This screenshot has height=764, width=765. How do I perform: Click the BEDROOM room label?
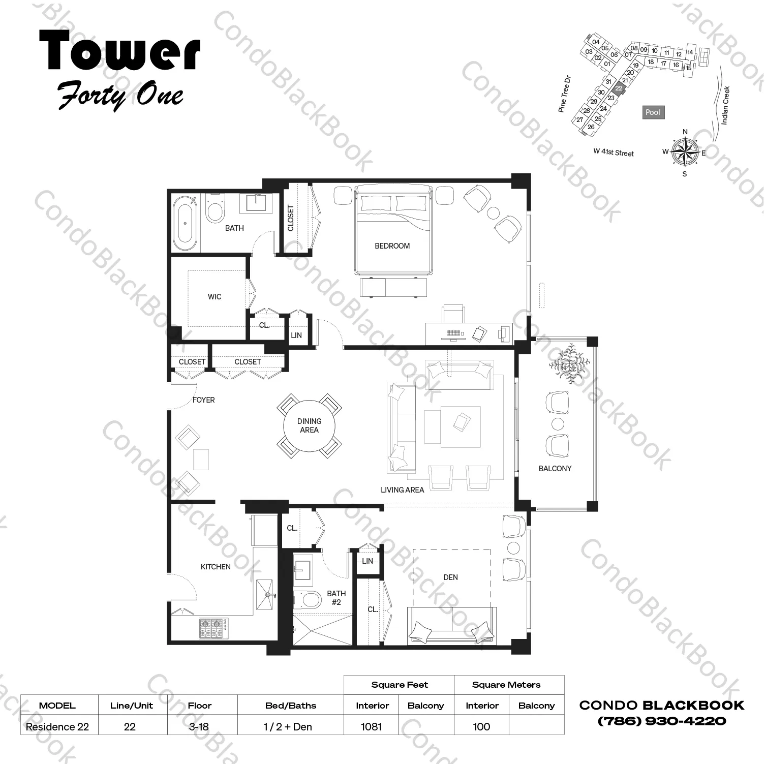[392, 246]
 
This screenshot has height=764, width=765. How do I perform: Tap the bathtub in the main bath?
[185, 223]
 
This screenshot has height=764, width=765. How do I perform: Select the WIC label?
[215, 297]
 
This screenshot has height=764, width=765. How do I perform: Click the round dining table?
[309, 425]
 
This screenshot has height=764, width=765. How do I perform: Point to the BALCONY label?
[555, 469]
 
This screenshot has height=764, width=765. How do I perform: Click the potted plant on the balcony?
[569, 362]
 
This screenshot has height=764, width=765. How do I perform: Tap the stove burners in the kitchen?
[213, 628]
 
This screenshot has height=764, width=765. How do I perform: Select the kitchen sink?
[264, 594]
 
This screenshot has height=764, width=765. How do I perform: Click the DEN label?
[450, 577]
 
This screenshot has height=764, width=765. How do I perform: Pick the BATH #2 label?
[336, 598]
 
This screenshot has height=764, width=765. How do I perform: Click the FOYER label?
[203, 400]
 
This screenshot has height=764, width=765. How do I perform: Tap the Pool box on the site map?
[653, 112]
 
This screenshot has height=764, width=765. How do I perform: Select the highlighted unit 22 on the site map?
[619, 88]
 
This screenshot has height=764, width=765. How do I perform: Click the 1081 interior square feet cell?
[371, 726]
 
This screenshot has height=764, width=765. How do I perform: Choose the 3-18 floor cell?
[199, 726]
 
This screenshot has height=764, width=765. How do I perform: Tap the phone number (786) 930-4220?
[662, 721]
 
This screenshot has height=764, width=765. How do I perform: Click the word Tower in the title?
[120, 51]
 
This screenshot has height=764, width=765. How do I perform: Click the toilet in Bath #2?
[308, 600]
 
